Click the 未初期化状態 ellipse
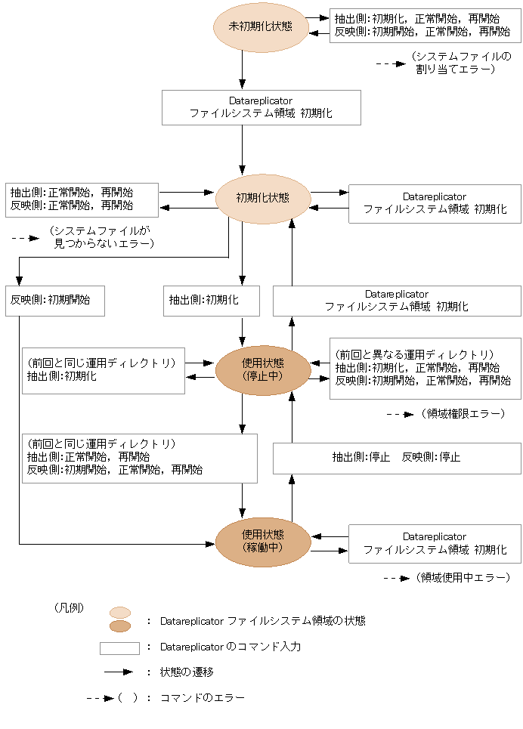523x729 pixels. pyautogui.click(x=261, y=27)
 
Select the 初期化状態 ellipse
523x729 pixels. pyautogui.click(x=262, y=199)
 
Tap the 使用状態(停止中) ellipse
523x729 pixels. pyautogui.click(x=262, y=369)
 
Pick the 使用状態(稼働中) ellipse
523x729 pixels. pyautogui.click(x=262, y=542)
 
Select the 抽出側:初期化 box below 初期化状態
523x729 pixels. pyautogui.click(x=212, y=300)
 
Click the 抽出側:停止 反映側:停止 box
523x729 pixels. pyautogui.click(x=396, y=457)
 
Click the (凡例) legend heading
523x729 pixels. pyautogui.click(x=69, y=607)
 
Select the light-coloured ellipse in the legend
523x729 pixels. pyautogui.click(x=120, y=613)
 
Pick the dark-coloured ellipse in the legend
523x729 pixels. pyautogui.click(x=120, y=626)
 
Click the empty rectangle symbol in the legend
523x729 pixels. pyautogui.click(x=119, y=648)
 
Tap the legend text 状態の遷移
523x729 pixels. pyautogui.click(x=187, y=672)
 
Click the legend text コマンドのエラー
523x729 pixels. pyautogui.click(x=203, y=698)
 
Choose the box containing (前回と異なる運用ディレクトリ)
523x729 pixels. pyautogui.click(x=425, y=368)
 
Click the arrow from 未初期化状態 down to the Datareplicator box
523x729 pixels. pyautogui.click(x=242, y=71)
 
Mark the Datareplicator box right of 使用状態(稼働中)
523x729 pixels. pyautogui.click(x=434, y=543)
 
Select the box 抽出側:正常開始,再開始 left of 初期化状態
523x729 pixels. pyautogui.click(x=81, y=199)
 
